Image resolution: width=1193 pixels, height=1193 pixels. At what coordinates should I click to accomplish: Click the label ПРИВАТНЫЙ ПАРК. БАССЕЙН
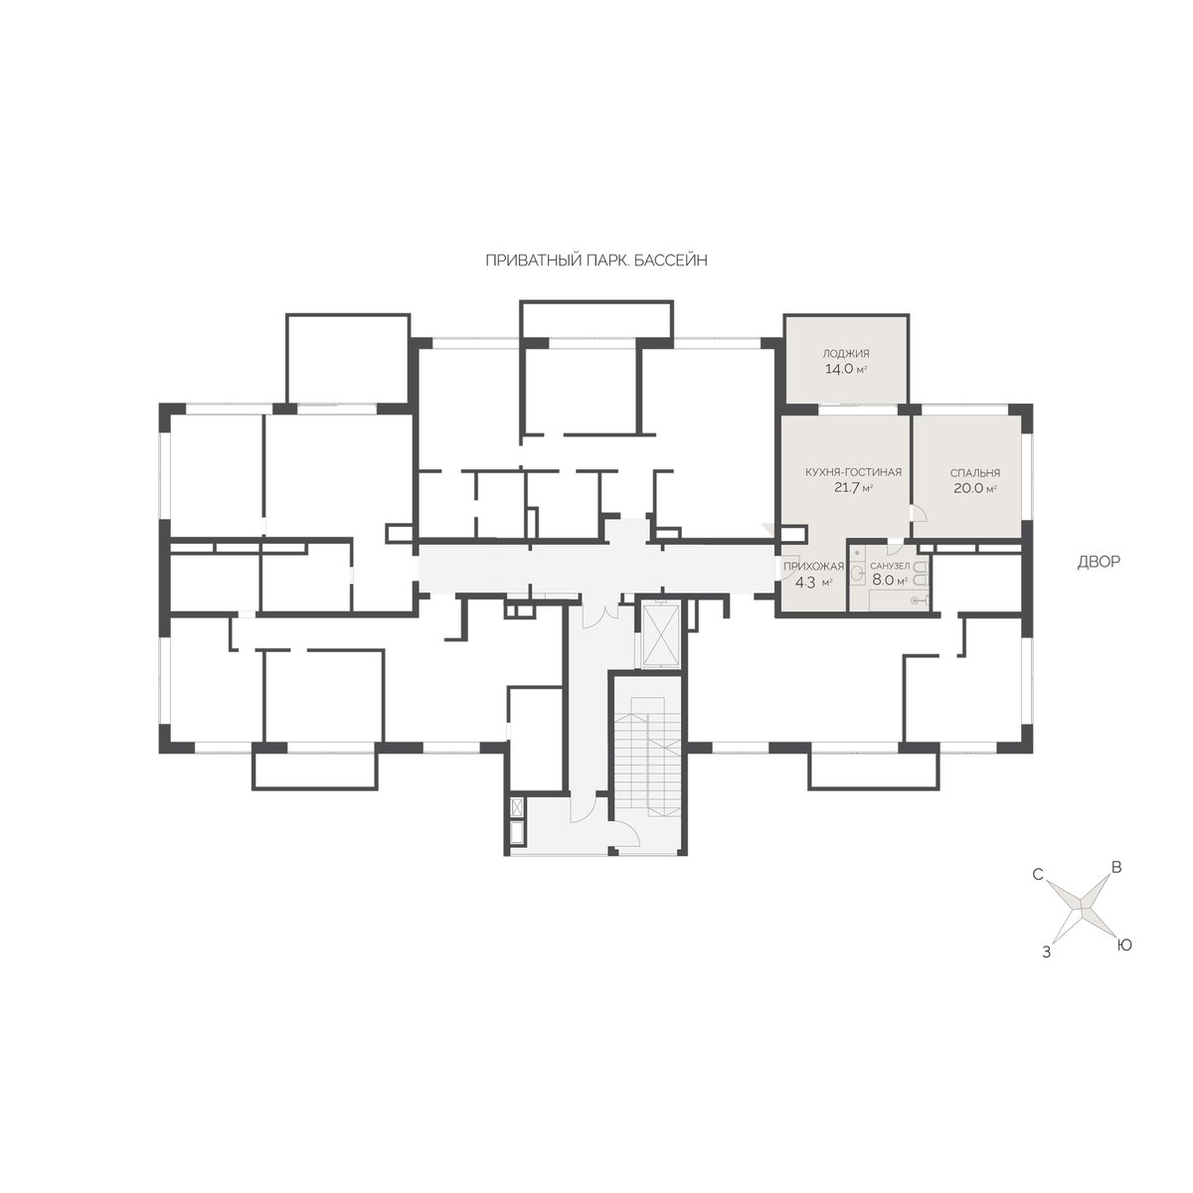click(x=596, y=260)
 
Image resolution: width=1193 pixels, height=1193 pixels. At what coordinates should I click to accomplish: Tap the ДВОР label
click(x=1099, y=562)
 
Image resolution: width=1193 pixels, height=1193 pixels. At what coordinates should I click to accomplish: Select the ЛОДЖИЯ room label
click(x=846, y=354)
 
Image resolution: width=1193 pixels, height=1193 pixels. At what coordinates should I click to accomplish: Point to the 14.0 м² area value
click(x=846, y=370)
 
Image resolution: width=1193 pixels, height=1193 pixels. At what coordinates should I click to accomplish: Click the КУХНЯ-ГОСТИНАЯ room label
click(x=853, y=472)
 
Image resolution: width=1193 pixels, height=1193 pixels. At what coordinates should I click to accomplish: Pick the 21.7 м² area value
click(x=853, y=488)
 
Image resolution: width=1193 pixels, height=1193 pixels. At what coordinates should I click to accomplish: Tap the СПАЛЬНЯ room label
click(x=975, y=473)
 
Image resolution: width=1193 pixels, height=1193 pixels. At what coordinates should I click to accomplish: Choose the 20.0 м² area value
click(x=975, y=488)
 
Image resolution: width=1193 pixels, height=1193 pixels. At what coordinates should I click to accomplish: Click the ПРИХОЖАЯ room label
click(x=813, y=566)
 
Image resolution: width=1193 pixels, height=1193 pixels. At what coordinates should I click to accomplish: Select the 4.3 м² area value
click(x=813, y=582)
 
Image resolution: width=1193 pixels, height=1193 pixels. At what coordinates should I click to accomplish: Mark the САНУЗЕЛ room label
click(x=890, y=566)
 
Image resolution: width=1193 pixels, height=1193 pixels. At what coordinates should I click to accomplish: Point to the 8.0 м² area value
click(x=890, y=581)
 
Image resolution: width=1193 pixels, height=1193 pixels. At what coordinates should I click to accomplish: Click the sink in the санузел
click(x=858, y=574)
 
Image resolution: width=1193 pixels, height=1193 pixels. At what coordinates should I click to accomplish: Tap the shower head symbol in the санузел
click(x=919, y=599)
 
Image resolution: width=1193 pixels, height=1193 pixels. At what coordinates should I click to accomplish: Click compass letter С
click(x=1038, y=875)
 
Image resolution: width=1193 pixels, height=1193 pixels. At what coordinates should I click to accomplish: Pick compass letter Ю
click(x=1123, y=945)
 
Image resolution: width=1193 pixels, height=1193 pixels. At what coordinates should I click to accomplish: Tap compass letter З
click(x=1046, y=952)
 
